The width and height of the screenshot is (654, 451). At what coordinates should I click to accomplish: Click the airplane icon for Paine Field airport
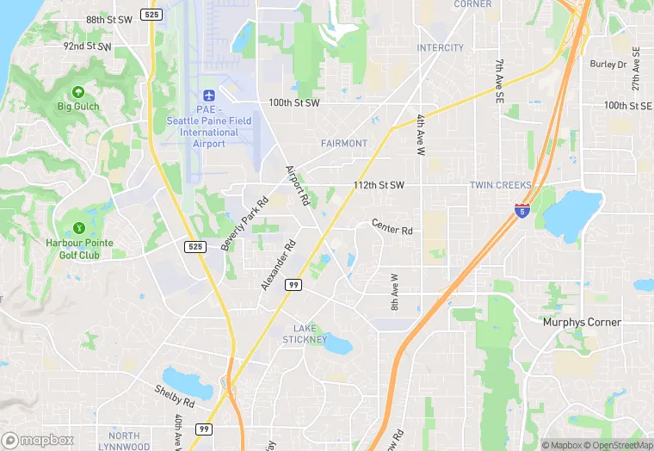[207, 95]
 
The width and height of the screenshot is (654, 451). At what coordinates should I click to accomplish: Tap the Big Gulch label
[78, 106]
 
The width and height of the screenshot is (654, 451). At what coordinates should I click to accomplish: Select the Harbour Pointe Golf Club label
[79, 249]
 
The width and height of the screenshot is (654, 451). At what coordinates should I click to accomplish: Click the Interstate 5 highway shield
[521, 209]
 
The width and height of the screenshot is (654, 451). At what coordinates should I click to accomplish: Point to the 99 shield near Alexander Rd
[293, 285]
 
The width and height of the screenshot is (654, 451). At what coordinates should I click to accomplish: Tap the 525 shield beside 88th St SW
[153, 15]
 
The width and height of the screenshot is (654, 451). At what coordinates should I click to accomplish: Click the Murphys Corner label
[582, 322]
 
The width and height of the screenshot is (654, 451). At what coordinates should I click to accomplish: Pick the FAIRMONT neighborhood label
[344, 143]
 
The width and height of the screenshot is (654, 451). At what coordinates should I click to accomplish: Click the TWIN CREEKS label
[500, 185]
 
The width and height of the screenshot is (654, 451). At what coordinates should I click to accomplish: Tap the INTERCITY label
[441, 47]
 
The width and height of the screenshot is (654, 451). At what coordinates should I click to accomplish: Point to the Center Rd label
[392, 227]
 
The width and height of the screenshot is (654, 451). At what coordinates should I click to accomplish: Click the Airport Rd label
[298, 185]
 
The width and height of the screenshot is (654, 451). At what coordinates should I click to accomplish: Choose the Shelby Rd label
[175, 394]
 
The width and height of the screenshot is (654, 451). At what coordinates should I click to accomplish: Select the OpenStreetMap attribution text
[615, 445]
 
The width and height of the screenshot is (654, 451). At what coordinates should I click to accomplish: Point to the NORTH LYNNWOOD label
[119, 442]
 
